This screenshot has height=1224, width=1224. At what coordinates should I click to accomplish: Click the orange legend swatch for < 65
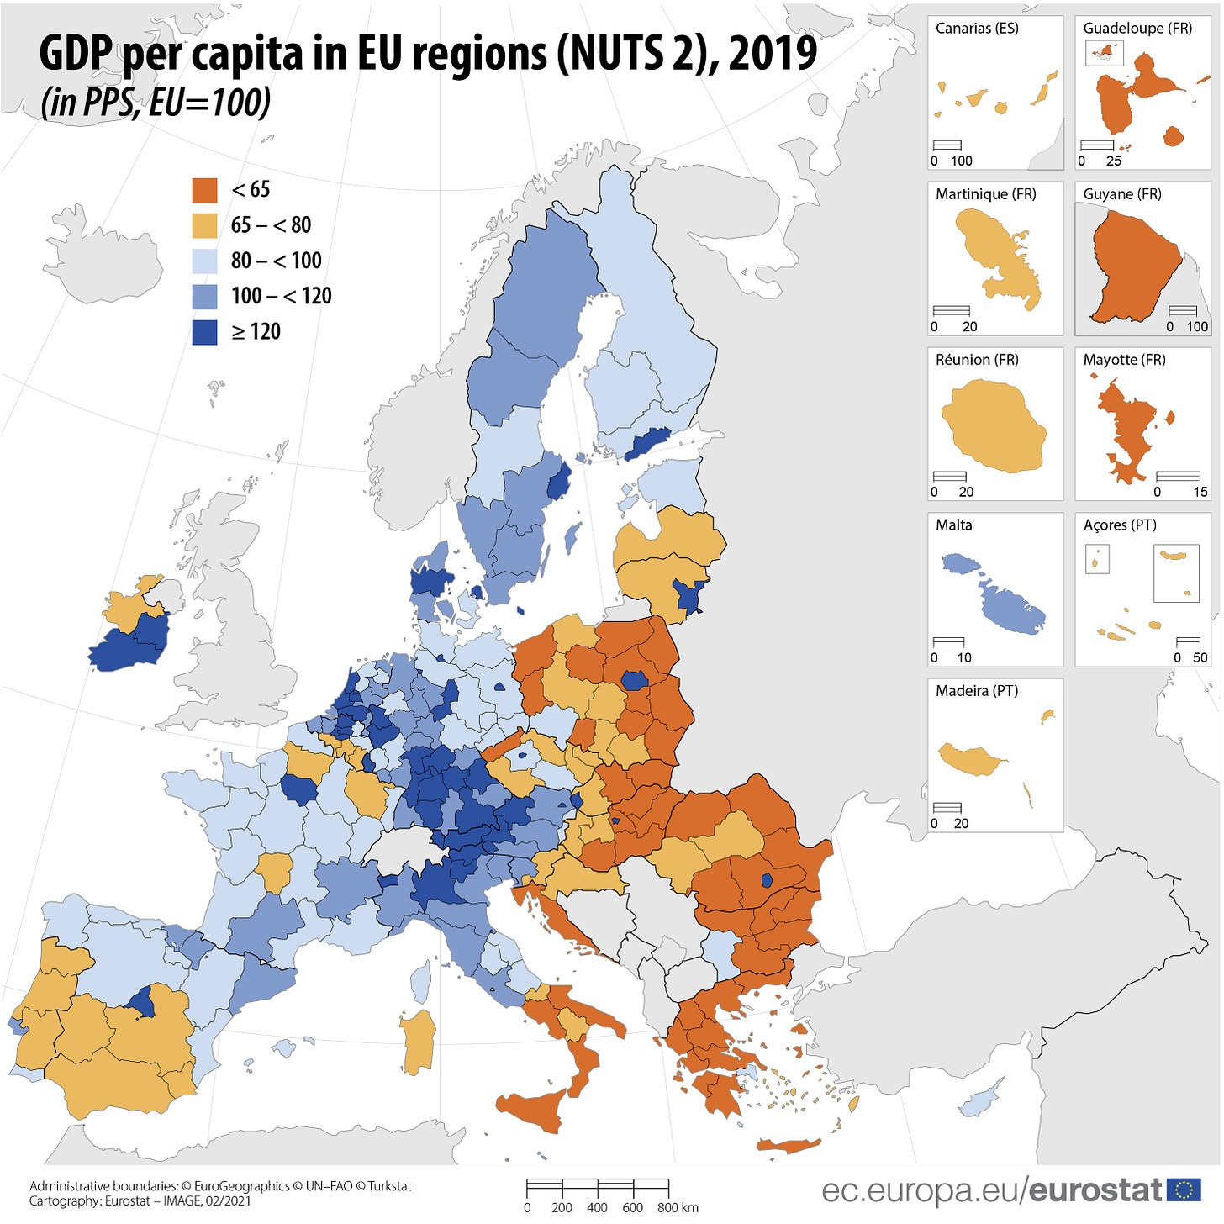coord(204,190)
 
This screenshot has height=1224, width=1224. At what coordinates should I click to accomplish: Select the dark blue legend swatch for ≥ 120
coord(204,332)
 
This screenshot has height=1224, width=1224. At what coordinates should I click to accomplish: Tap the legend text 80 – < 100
coord(276,261)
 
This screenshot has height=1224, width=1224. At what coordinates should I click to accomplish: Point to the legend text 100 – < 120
coord(281,296)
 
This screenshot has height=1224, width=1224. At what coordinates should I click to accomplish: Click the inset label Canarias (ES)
coord(977,29)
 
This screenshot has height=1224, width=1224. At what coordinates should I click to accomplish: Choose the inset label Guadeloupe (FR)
coord(1137,29)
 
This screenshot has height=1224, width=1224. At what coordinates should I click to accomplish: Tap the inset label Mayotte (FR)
coord(1124,360)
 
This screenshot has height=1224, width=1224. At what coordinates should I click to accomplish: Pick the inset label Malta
coord(954,525)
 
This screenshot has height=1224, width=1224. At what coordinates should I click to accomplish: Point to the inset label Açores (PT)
coord(1120,525)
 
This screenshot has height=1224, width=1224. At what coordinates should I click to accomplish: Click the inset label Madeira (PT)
coord(977,691)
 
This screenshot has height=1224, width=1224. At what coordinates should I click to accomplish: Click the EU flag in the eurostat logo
coord(1184,1190)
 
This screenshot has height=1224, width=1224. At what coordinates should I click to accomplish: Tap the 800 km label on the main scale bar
coord(678,1208)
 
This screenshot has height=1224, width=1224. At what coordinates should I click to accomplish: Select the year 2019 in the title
coord(773,54)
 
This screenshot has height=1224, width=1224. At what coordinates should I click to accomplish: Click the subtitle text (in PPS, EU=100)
coord(156,103)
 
